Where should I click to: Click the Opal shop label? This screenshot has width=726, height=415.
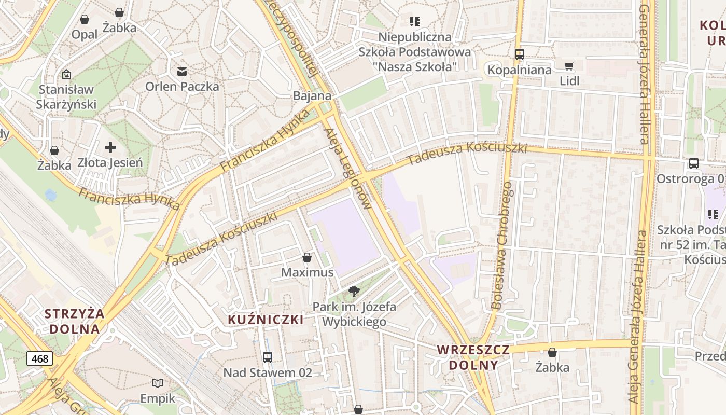(x=85, y=34)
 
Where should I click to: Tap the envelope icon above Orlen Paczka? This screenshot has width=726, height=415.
(x=182, y=72)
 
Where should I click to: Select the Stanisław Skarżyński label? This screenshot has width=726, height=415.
(x=66, y=97)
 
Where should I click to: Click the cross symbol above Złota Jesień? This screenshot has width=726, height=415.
(x=110, y=148)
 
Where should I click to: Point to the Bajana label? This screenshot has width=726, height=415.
(x=312, y=96)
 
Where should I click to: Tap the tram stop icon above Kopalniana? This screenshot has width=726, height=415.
(x=519, y=54)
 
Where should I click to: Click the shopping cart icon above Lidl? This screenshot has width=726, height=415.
(x=569, y=66)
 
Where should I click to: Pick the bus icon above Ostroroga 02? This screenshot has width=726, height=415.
(x=694, y=163)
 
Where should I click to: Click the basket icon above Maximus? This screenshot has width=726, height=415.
(x=307, y=257)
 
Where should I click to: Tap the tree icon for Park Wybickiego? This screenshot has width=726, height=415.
(x=354, y=292)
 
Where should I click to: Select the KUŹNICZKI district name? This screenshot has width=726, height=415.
(x=266, y=320)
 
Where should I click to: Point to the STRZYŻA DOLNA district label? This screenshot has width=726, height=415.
(x=75, y=321)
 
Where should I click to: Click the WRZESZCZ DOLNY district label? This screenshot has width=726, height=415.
(x=473, y=357)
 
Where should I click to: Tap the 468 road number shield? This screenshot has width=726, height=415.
(x=39, y=358)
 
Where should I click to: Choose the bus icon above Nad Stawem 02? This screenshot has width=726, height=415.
(x=268, y=357)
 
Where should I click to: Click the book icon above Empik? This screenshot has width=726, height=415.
(x=158, y=383)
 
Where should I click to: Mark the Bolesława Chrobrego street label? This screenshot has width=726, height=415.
(x=502, y=246)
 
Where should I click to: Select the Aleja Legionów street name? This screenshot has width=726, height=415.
(x=347, y=169)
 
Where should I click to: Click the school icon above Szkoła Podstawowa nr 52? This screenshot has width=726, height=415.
(x=713, y=214)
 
